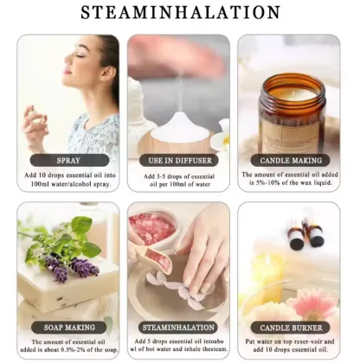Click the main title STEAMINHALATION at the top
click(x=180, y=12)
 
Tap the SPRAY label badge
click(x=69, y=161)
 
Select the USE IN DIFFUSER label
click(x=180, y=161)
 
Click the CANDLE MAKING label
click(x=291, y=161)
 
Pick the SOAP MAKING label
click(x=69, y=328)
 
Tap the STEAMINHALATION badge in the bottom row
click(x=178, y=328)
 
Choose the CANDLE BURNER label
click(x=291, y=328)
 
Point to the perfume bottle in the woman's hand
click(x=37, y=115)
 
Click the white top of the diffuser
click(x=181, y=128)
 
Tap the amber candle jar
click(x=292, y=112)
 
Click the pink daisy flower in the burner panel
click(x=312, y=306)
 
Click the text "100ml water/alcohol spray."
click(x=71, y=184)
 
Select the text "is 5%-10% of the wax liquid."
click(x=291, y=182)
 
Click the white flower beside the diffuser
click(x=222, y=137)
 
